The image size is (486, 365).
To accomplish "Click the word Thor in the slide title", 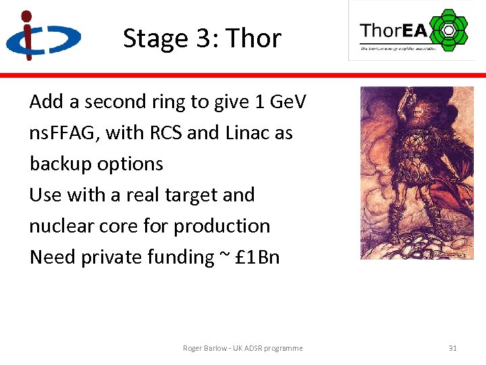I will [254, 39].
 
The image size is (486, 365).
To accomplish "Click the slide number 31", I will [452, 348].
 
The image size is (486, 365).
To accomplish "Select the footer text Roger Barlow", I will [205, 348].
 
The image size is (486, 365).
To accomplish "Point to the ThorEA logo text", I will [394, 30].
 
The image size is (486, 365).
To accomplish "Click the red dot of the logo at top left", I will [26, 16].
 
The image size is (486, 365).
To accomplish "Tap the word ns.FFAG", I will [63, 132].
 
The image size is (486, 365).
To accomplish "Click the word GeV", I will [288, 101].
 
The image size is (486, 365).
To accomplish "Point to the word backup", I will [59, 164].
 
